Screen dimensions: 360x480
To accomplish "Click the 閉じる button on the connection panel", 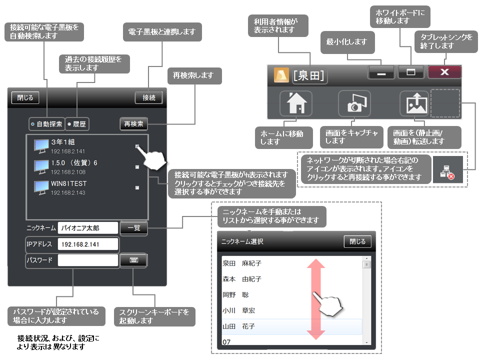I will pyautogui.click(x=25, y=97).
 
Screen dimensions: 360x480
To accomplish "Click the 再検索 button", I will pyautogui.click(x=133, y=123).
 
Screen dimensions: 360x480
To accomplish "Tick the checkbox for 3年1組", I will pyautogui.click(x=137, y=146).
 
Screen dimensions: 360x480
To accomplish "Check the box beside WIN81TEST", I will pyautogui.click(x=137, y=187).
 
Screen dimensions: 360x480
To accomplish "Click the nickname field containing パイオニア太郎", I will pyautogui.click(x=87, y=228).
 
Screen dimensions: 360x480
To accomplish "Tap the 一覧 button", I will pyautogui.click(x=133, y=228).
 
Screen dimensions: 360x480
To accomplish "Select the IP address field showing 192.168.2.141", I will pyautogui.click(x=87, y=244).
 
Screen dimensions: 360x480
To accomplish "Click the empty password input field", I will pyautogui.click(x=87, y=260).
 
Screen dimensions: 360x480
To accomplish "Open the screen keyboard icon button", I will pyautogui.click(x=133, y=260).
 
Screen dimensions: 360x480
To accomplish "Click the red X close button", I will pyautogui.click(x=444, y=72).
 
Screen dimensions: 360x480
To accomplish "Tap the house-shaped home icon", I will pyautogui.click(x=296, y=104).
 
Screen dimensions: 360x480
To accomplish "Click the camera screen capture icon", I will pyautogui.click(x=354, y=104).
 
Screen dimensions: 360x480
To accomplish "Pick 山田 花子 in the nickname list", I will pyautogui.click(x=291, y=326).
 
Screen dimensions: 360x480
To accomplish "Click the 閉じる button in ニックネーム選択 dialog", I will pyautogui.click(x=357, y=241).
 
